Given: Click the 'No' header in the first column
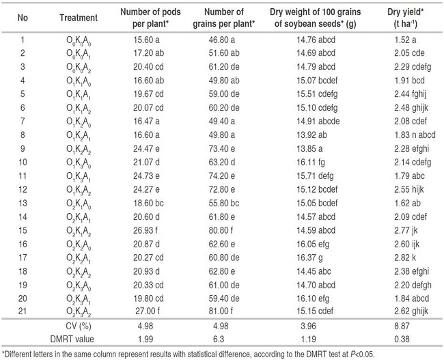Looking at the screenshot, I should pyautogui.click(x=23, y=18).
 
